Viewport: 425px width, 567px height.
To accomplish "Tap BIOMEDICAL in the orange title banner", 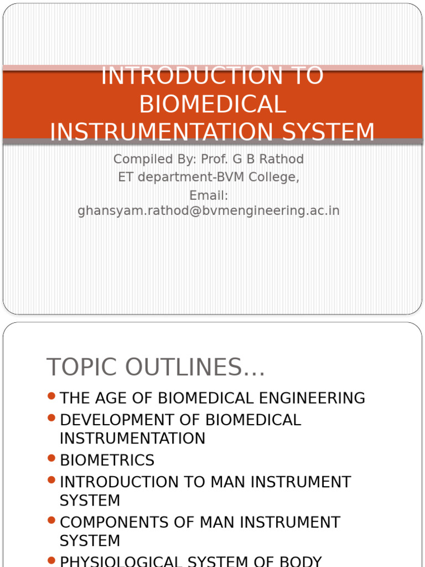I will coord(212,105).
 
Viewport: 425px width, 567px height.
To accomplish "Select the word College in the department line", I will coord(276,178).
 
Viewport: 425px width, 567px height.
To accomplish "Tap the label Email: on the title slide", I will coord(209,196).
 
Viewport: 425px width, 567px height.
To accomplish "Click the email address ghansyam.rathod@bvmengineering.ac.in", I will coord(209,211).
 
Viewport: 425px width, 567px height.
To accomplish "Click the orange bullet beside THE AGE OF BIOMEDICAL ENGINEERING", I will coord(51,396).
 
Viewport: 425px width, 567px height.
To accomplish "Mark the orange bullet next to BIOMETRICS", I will coord(51,458).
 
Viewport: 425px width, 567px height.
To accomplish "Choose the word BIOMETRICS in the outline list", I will coord(107,460).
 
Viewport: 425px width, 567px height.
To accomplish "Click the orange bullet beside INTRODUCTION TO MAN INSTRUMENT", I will coord(51,480).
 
